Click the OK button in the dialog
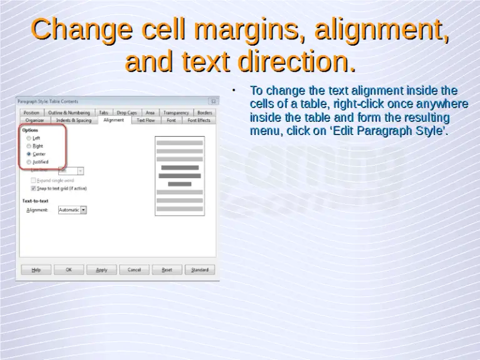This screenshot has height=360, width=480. tap(69, 269)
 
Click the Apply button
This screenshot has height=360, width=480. tap(101, 269)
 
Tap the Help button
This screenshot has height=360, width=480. tap(36, 269)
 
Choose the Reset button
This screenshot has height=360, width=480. tap(167, 269)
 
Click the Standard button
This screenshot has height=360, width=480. tap(199, 269)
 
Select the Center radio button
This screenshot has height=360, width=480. tap(29, 154)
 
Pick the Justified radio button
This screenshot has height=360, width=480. tap(29, 162)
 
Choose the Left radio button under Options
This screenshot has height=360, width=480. tap(29, 137)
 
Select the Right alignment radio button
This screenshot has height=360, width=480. tap(29, 146)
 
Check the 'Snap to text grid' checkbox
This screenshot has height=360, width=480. tap(34, 187)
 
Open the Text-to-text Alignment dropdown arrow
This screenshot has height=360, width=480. tap(84, 210)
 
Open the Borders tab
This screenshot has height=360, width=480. tap(204, 112)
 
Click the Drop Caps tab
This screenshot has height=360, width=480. tap(127, 112)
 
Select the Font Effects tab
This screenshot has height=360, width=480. tap(199, 120)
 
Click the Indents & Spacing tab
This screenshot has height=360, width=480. tap(74, 120)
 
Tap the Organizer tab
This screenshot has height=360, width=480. tap(35, 120)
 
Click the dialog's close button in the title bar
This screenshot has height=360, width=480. tap(213, 101)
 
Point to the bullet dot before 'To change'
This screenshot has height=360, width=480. tap(232, 91)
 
